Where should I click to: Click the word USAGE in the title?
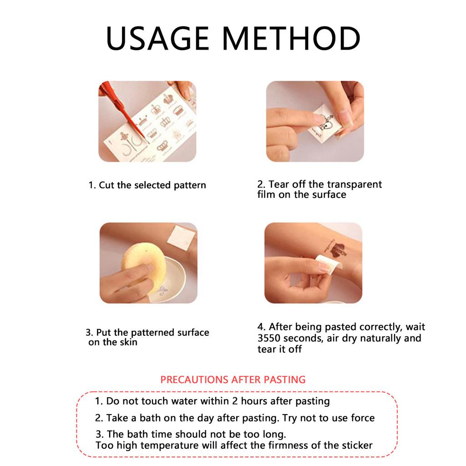pos(157,38)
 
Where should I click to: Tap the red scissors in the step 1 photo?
pos(125,110)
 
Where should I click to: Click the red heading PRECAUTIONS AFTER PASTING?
pos(233,380)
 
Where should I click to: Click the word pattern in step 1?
pos(190,185)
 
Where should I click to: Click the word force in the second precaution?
pos(363,418)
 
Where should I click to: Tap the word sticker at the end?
pos(357,445)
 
